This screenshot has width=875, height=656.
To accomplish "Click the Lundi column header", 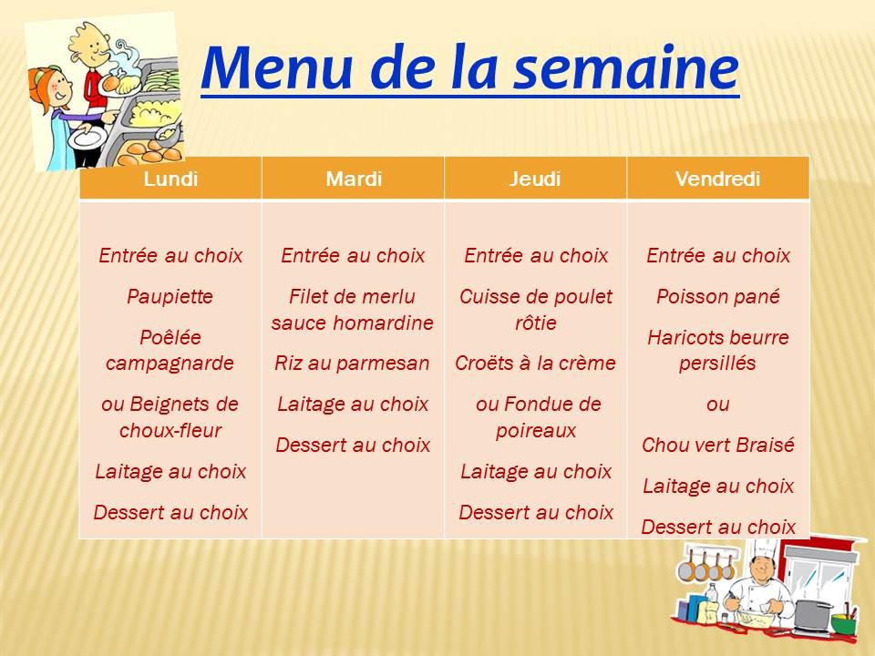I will pos(170,179).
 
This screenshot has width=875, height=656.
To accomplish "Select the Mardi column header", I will pos(353,179).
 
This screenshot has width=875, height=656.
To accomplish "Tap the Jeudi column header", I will pos(535,179).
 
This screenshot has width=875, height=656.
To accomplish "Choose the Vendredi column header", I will pos(717,179).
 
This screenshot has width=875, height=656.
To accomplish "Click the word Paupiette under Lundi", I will pos(170,296).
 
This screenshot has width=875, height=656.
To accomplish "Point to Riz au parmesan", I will pos(352,364).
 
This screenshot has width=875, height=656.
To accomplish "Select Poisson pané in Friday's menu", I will pos(717,296).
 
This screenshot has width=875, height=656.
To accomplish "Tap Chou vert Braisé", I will pos(717,446).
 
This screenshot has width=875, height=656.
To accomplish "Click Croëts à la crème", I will pos(535,364).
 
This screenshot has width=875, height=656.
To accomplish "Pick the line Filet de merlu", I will pos(352,297).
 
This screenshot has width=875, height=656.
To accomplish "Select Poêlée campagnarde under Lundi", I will pos(170,350).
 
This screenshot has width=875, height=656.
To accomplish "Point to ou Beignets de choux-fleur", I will pos(170,416).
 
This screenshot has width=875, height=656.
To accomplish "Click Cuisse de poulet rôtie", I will pos(535,310).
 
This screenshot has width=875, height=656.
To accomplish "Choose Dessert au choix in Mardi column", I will pos(352,446).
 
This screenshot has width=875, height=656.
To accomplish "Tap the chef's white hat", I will pos(760,548).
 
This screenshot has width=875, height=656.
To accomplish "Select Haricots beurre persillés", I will pos(717,350).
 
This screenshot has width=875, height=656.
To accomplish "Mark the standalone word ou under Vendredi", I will pos(717,405).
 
